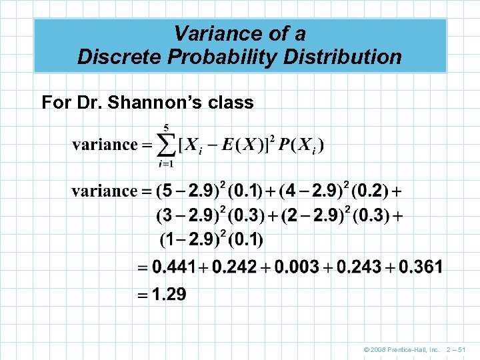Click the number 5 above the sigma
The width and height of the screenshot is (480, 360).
coord(166,127)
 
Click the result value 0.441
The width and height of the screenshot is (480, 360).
coord(174,267)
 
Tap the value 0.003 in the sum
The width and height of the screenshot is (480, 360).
coord(297,267)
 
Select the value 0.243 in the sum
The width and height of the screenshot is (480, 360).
coord(359,267)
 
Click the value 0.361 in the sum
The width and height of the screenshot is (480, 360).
coord(421,267)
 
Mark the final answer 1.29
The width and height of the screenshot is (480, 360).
coord(169,294)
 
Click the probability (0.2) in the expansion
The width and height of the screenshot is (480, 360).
coord(368,192)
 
